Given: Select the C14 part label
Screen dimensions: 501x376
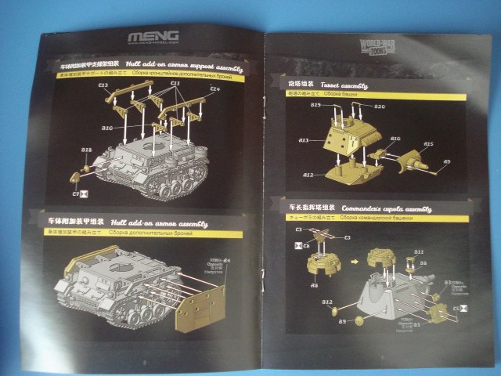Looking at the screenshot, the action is [x=214, y=90].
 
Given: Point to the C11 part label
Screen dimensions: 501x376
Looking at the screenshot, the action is [x=176, y=83].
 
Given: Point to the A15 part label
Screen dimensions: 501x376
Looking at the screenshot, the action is [x=428, y=144].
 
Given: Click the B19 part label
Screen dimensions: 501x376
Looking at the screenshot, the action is [x=316, y=104].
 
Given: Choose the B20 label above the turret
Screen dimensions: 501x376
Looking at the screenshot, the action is [x=379, y=105].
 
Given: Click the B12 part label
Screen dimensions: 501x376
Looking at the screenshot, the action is [x=327, y=302].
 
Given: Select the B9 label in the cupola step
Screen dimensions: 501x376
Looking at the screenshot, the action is [x=342, y=321].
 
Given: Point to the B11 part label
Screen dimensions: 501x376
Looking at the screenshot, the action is [x=419, y=252].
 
